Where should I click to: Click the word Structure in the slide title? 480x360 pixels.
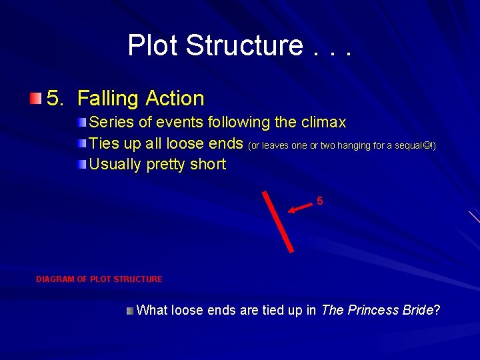point(244,45)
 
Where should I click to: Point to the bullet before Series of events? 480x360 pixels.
point(81,123)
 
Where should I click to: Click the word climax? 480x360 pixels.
point(323,123)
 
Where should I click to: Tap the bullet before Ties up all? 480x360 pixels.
point(81,143)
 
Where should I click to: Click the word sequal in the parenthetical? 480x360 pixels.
point(413,145)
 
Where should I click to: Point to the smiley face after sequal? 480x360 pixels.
point(430,145)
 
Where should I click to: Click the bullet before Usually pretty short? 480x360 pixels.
point(81,164)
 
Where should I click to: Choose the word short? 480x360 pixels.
point(207,164)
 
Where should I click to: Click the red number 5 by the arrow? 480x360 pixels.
point(320,201)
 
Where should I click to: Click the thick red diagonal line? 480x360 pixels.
point(277,221)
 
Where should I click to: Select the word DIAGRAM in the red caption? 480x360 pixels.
point(55,279)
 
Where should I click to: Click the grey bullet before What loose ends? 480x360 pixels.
point(131,311)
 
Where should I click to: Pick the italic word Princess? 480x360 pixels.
point(372,311)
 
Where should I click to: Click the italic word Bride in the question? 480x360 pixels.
point(418,311)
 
